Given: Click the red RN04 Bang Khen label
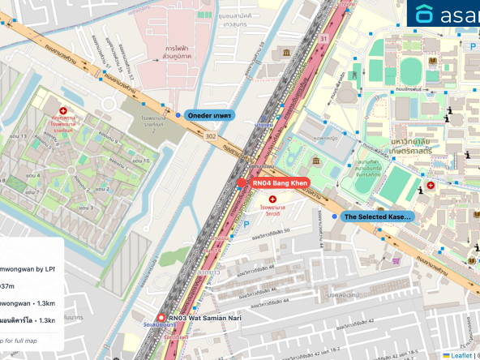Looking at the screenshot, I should tap(277, 184).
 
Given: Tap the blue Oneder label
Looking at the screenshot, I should tap(209, 115).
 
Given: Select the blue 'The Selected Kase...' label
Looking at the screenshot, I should tap(378, 217).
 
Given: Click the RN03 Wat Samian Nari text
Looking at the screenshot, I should tap(205, 319).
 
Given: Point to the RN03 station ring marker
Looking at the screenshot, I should tap(161, 319).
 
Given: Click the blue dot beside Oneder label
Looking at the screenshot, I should tap(179, 115).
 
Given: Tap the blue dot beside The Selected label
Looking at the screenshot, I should tap(335, 217).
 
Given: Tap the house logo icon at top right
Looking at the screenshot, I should tap(425, 14).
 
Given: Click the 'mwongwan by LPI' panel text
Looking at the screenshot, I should tap(28, 268).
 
